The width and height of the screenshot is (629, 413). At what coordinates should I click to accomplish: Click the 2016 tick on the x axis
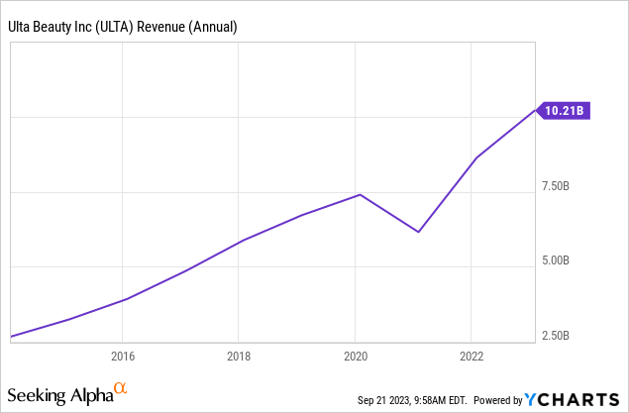pyautogui.click(x=122, y=357)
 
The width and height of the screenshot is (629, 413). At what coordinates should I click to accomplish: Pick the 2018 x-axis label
pyautogui.click(x=238, y=357)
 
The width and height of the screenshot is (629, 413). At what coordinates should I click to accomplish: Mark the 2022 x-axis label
pyautogui.click(x=472, y=357)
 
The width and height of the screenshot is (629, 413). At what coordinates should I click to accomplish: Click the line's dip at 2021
pyautogui.click(x=419, y=232)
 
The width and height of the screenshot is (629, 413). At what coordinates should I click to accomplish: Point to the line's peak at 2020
pyautogui.click(x=360, y=194)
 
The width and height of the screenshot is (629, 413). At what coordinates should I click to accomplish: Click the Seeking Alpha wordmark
pyautogui.click(x=59, y=395)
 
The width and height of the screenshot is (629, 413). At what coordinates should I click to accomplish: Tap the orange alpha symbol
pyautogui.click(x=121, y=389)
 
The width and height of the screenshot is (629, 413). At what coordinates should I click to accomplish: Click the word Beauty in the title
pyautogui.click(x=55, y=27)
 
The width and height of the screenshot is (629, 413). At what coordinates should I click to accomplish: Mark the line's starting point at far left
pyautogui.click(x=12, y=337)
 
